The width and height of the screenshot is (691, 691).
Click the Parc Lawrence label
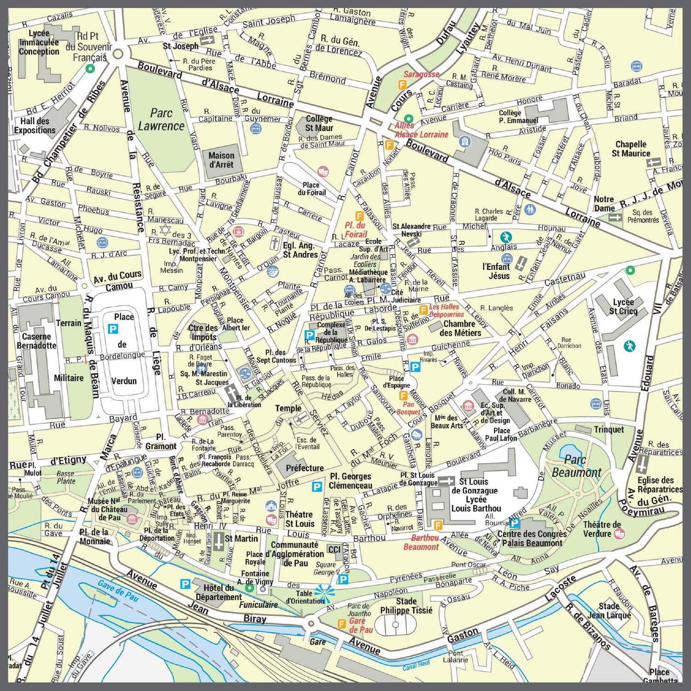tap(161, 119)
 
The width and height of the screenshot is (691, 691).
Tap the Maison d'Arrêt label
tap(221, 160)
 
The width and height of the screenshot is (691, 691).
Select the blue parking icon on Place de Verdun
tap(113, 328)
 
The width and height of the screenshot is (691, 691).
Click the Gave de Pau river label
tap(118, 590)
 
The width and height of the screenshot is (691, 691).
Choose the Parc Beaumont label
tap(576, 466)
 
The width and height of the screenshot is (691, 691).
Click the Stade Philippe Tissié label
tap(406, 606)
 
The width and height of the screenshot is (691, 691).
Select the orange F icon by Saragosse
tap(402, 85)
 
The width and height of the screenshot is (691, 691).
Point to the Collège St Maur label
tap(319, 123)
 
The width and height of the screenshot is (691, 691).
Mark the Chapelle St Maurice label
tap(631, 149)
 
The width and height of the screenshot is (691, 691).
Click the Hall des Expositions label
tap(35, 126)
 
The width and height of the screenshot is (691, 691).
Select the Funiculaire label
tap(258, 605)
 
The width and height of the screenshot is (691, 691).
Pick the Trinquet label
tap(609, 429)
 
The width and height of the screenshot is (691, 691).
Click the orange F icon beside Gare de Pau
tap(341, 624)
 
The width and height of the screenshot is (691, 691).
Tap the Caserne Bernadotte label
tap(36, 341)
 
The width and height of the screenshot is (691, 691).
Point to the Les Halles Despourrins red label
tap(446, 310)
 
